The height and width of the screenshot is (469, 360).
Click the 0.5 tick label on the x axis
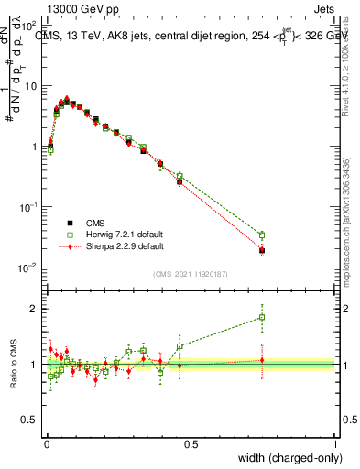tap(190, 443)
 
